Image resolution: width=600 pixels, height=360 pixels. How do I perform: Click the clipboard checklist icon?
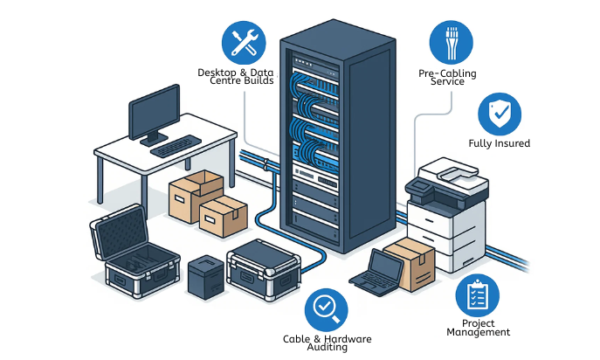(x=477, y=297)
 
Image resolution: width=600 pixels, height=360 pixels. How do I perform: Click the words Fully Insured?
(x=500, y=143)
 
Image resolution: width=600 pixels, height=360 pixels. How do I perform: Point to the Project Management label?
(x=478, y=329)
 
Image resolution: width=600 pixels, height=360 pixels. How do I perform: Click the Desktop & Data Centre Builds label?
(x=236, y=77)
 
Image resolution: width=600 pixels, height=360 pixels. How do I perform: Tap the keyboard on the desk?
(x=176, y=145)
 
